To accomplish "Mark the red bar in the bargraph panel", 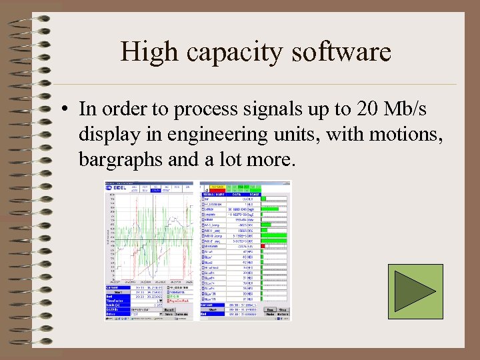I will click(263, 246).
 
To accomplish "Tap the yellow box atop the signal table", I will click(217, 186).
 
